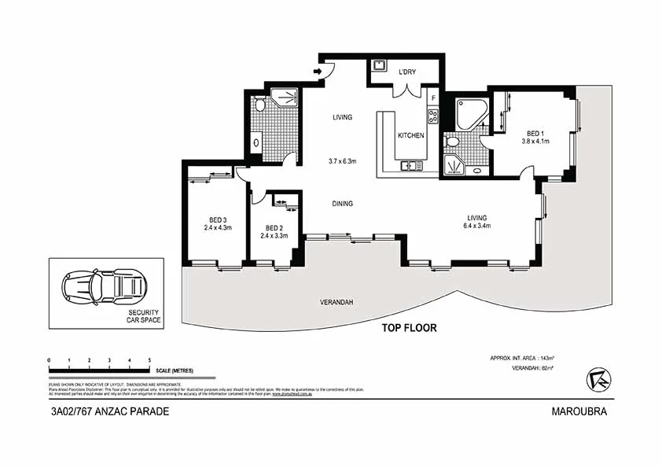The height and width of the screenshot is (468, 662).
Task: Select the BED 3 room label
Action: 217,220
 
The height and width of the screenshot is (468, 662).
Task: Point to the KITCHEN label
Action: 410,136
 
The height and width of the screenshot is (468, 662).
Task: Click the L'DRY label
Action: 406,72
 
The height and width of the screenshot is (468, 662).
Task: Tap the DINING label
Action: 342,204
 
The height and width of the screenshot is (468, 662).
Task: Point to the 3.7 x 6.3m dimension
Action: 342,161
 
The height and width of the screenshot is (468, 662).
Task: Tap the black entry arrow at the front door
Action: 318,72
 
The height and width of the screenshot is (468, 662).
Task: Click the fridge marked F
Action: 432,98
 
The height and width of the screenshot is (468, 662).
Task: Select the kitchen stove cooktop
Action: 432,116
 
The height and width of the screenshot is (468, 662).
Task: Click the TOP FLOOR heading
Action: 409,328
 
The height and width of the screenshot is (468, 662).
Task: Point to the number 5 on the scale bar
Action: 149,359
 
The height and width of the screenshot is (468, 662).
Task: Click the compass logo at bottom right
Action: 598,379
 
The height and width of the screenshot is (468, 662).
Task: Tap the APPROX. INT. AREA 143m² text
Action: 521,358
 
